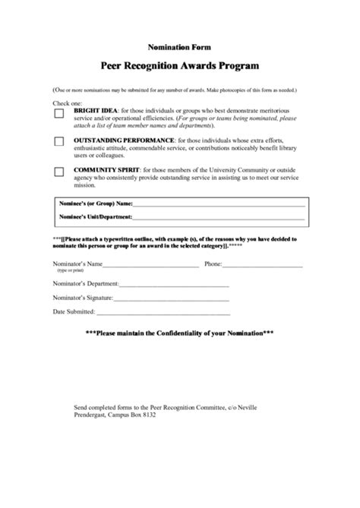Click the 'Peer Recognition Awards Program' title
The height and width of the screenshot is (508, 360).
[x=179, y=66]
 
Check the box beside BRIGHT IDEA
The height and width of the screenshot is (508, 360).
[x=58, y=114]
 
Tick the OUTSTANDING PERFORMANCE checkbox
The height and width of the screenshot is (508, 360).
[x=58, y=142]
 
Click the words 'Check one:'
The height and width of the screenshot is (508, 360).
[x=68, y=103]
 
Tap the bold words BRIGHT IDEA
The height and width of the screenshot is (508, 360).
[x=95, y=110]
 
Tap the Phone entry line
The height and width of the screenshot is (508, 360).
[x=263, y=265]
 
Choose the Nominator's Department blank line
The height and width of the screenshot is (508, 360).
[x=174, y=285]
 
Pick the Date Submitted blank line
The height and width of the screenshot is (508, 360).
[x=163, y=312]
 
